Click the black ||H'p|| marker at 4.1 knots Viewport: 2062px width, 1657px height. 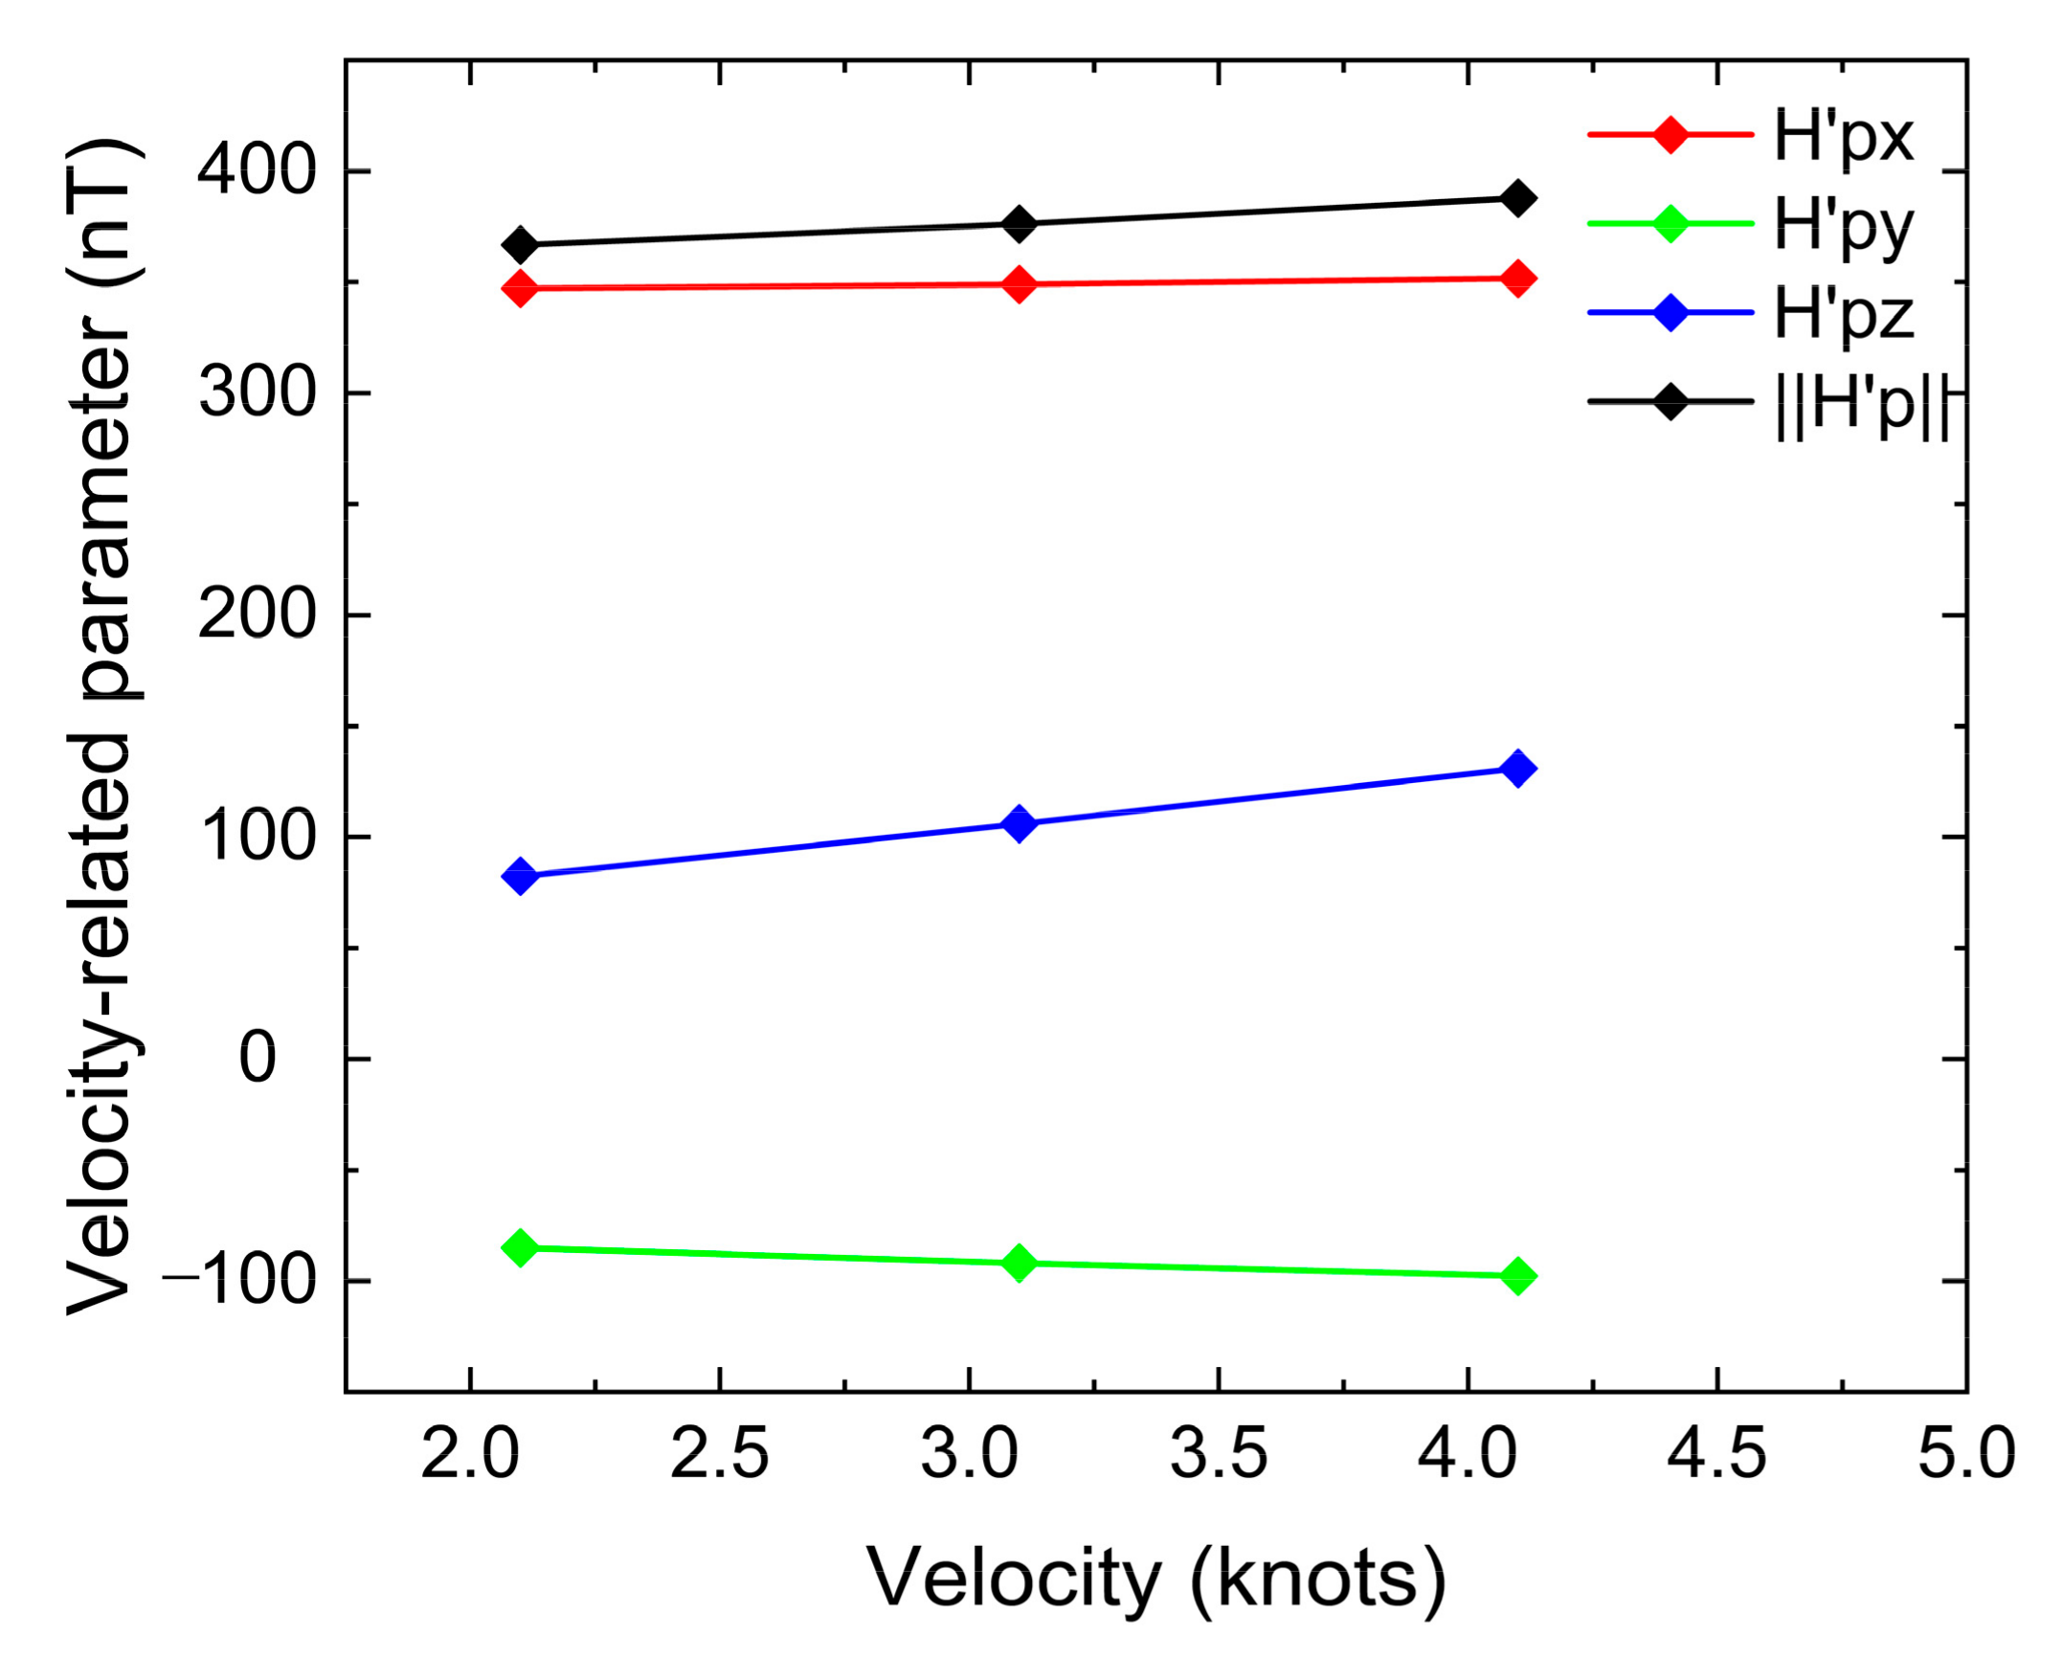coord(1516,198)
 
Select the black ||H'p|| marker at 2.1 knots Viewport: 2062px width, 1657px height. coord(520,245)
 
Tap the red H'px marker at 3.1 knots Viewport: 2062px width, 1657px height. coord(1020,284)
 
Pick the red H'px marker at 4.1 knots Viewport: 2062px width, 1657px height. coord(1516,279)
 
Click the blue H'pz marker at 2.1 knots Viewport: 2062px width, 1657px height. coord(520,875)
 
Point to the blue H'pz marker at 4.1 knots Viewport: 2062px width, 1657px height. coord(1516,768)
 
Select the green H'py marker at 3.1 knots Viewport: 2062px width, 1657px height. coord(1020,1263)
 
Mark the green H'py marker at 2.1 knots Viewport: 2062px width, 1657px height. coord(520,1247)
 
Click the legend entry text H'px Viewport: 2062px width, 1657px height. coord(1843,136)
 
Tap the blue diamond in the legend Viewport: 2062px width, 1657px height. coord(1670,313)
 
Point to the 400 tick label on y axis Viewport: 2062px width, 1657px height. coord(257,172)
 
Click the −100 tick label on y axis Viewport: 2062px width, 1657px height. coord(239,1282)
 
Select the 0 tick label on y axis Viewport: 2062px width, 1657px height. coord(257,1060)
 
